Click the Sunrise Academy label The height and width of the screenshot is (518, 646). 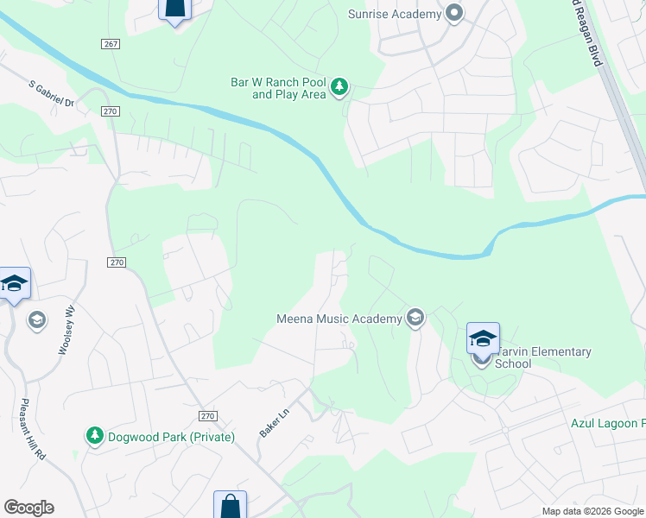coord(393,14)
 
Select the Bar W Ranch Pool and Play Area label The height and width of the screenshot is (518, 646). coord(277,88)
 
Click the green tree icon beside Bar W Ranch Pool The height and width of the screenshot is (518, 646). coord(340,86)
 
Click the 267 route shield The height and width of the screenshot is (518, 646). coord(110,44)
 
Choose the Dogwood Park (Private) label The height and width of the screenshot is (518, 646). coord(171,437)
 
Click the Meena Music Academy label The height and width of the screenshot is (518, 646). coord(339,319)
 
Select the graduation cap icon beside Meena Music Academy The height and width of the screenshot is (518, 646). coord(415,319)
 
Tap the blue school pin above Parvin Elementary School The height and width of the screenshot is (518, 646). coord(483,338)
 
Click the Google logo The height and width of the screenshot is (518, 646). coord(28,508)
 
